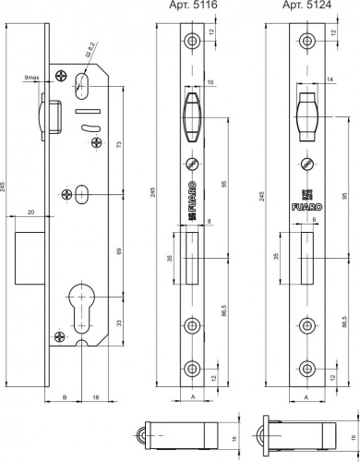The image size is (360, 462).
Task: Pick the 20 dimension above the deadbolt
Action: tap(30, 212)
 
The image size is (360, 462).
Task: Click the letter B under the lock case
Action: tap(63, 397)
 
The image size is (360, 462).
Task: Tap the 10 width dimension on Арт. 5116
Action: tap(211, 83)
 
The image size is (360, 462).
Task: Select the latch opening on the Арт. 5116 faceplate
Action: tap(192, 116)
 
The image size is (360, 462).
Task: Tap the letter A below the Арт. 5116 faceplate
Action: tap(191, 398)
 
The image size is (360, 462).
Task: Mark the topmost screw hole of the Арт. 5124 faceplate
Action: tap(305, 43)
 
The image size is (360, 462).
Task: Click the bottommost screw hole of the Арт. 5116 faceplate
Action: tap(192, 364)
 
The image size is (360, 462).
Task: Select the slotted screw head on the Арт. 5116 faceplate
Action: tap(192, 163)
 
